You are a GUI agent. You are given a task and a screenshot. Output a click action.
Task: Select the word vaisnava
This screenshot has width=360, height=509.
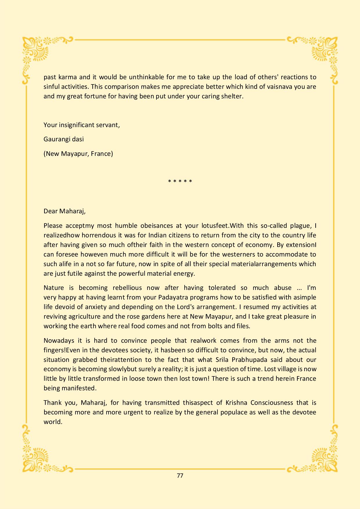[278, 87]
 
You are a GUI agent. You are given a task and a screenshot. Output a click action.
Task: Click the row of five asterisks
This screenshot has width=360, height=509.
[180, 182]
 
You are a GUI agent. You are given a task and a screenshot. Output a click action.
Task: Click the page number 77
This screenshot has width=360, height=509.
[180, 476]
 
